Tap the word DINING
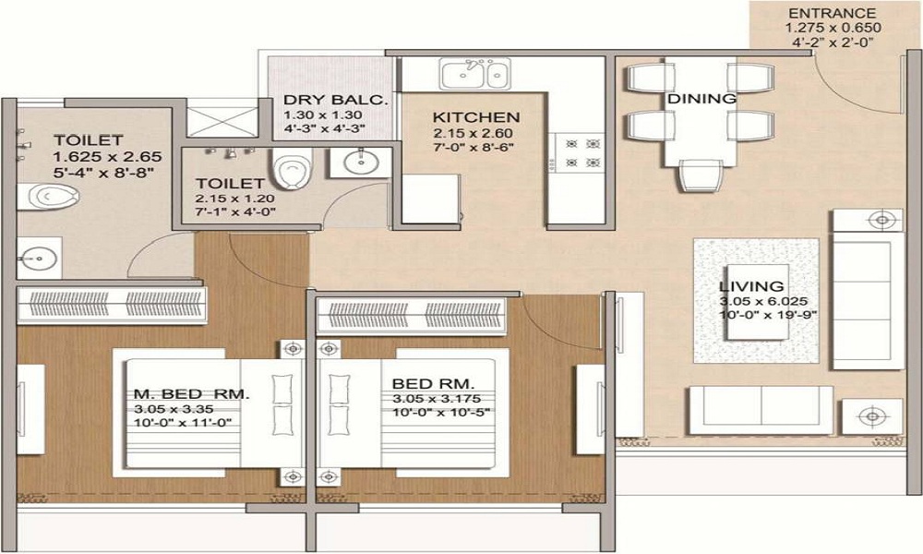point(701,98)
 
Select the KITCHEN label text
point(476,117)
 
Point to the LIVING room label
point(751,286)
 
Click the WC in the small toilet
point(296,172)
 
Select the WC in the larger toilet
point(41,196)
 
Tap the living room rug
point(755,300)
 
